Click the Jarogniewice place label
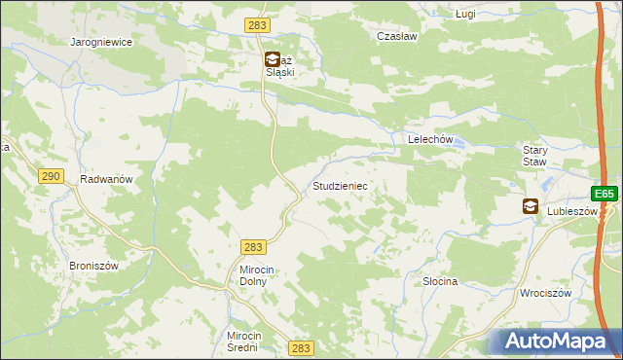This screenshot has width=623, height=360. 101,43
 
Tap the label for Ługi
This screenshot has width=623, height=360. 466,15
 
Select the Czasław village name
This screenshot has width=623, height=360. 396,36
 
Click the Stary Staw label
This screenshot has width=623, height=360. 537,157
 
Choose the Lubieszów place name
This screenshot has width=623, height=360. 571,210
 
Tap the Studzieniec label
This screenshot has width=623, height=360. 339,185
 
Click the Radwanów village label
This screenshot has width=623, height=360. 106,180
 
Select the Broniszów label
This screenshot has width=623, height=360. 93,266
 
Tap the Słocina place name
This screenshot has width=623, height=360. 440,281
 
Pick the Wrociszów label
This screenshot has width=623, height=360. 543,293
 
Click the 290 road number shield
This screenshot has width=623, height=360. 52,175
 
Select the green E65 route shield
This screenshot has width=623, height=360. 605,194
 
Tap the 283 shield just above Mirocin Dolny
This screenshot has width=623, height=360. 253,248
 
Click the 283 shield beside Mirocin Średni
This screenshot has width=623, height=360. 301,347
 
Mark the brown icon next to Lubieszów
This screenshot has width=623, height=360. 531,206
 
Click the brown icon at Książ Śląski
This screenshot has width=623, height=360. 273,59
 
